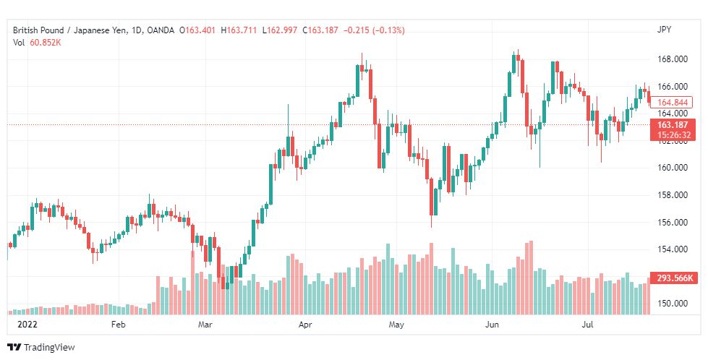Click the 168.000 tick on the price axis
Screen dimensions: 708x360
pos(671,59)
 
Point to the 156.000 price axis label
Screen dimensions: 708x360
pos(671,222)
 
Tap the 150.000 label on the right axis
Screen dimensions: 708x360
pos(671,304)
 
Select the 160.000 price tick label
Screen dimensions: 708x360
pos(671,168)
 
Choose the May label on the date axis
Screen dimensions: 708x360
pos(396,325)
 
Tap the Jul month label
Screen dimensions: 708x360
pos(587,325)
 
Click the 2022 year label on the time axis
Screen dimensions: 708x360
pos(27,325)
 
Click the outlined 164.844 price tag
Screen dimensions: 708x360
pos(672,103)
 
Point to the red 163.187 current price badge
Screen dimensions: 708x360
pos(673,125)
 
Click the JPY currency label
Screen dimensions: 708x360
pos(664,30)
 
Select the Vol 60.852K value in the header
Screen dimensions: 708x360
pos(37,43)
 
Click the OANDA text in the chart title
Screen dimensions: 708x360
pos(161,30)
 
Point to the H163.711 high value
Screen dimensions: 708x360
pos(239,30)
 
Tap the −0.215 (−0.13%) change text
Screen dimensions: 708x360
pos(374,30)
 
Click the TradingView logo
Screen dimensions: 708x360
pos(41,348)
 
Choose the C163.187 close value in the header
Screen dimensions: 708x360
pos(320,30)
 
